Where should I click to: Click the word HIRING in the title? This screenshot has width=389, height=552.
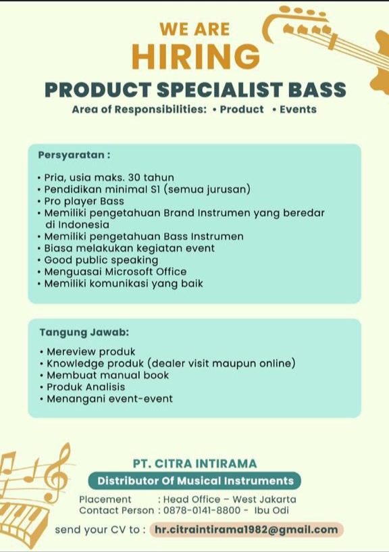click(196, 56)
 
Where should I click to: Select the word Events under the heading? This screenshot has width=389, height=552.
click(298, 109)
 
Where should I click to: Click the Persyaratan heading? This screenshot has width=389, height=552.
click(74, 155)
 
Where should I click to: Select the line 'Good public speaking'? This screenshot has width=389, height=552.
click(98, 260)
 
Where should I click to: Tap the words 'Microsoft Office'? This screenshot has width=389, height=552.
click(146, 272)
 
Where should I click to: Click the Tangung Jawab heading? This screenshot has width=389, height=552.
click(84, 332)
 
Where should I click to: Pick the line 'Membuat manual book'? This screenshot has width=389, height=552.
click(104, 375)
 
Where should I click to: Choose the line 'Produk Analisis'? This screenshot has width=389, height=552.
click(82, 387)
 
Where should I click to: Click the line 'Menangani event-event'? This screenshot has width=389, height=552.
click(106, 399)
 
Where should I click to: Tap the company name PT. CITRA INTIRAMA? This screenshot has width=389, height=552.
click(194, 463)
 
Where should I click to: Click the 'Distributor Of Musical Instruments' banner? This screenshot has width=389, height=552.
click(194, 481)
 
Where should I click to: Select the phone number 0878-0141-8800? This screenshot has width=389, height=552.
click(202, 510)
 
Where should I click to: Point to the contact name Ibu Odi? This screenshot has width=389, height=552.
click(271, 510)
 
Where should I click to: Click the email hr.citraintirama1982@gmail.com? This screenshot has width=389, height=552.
click(247, 530)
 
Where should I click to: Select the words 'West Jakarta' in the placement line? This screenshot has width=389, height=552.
click(264, 499)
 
